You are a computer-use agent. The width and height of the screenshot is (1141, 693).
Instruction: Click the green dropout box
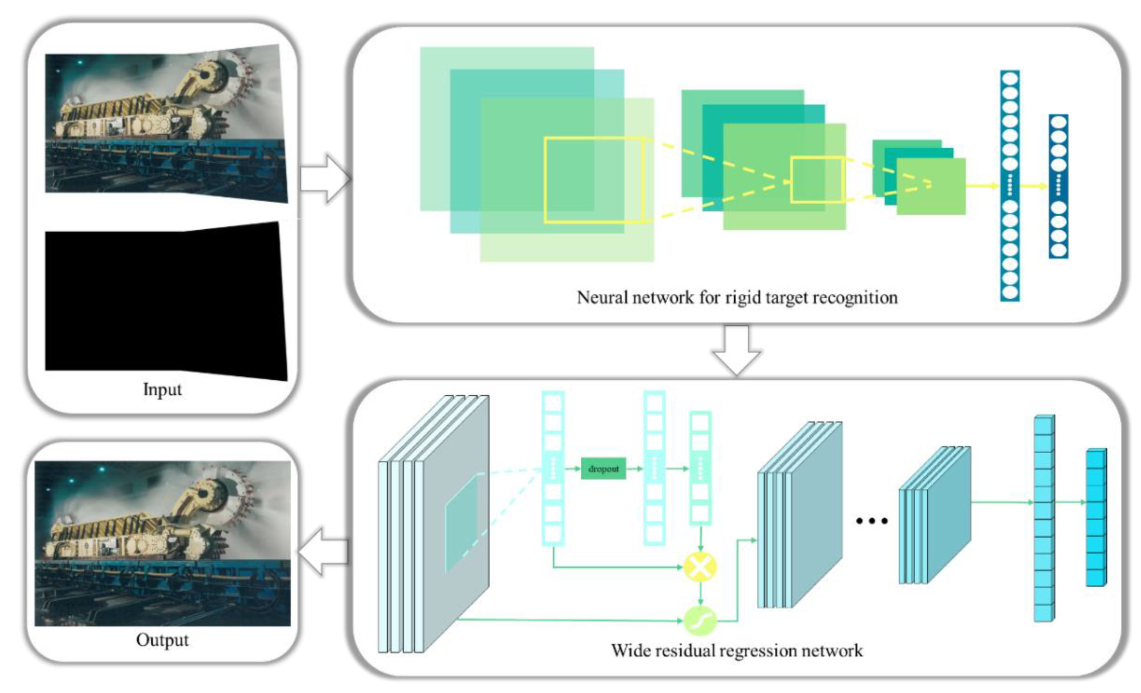(603, 469)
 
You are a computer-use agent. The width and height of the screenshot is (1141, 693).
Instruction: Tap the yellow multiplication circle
(700, 566)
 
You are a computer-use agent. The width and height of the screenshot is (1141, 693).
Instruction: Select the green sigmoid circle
(700, 621)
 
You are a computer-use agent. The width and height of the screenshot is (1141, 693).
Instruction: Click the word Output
(162, 640)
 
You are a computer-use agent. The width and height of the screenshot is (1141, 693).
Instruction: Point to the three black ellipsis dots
(871, 521)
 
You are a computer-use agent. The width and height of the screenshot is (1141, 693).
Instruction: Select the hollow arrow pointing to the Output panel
(323, 552)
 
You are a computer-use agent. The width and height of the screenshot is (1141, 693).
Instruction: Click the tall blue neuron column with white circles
(1010, 185)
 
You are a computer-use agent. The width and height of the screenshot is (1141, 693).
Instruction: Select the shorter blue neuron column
(1059, 185)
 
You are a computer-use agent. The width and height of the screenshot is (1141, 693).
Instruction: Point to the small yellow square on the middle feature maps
(817, 180)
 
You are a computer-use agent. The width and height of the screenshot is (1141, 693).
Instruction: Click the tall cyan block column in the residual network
(1044, 518)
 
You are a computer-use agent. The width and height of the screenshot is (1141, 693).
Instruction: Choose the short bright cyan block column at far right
(1096, 518)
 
